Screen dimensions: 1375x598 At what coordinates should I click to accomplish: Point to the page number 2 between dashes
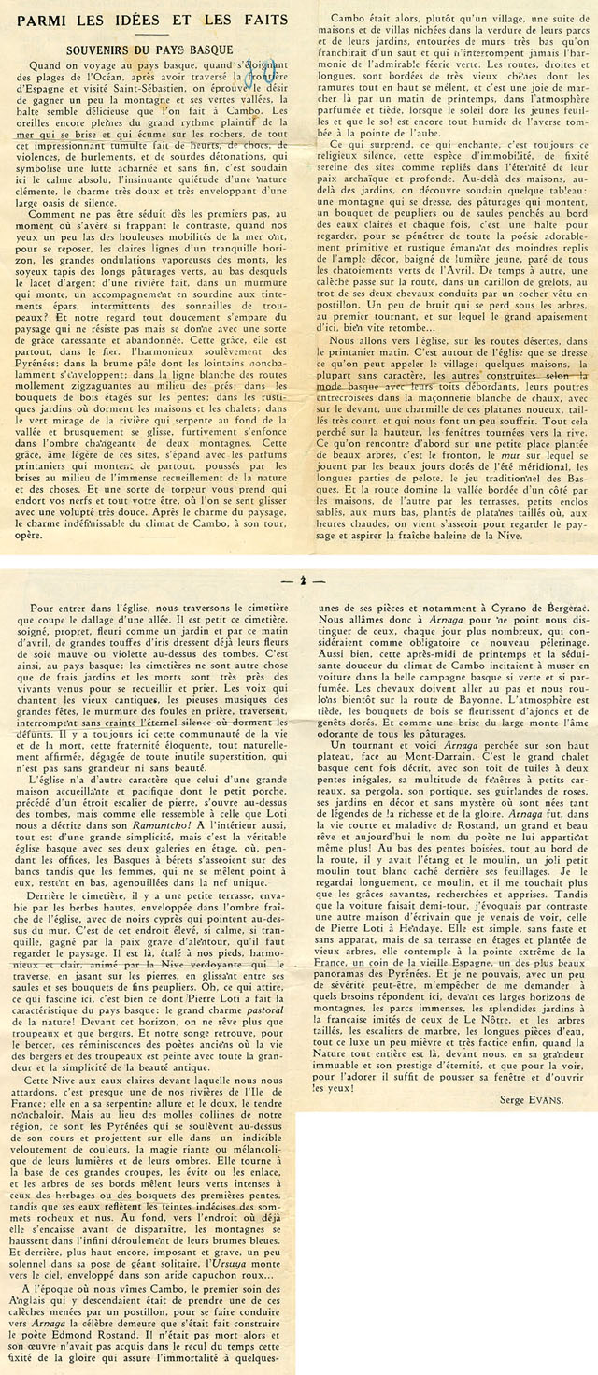[304, 580]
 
